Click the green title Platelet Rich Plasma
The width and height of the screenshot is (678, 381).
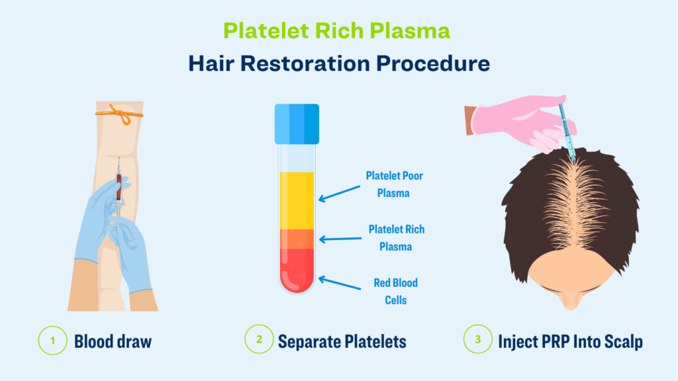tap(336, 31)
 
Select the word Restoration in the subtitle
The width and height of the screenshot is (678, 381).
tap(305, 63)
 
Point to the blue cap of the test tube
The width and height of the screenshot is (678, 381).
tap(297, 124)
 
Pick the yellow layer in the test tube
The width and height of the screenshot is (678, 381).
tap(297, 200)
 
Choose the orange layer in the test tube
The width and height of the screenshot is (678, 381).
tap(297, 239)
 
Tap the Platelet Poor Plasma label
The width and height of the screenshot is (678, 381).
tap(394, 185)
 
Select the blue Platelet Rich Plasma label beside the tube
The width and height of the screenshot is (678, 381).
tap(396, 238)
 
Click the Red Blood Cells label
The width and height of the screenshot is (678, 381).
tap(396, 292)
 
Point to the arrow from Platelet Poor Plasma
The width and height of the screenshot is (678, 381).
tap(340, 194)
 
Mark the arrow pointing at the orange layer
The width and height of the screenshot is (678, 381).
tap(340, 239)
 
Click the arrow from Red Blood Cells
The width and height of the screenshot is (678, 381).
tap(340, 283)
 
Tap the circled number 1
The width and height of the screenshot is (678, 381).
tap(53, 341)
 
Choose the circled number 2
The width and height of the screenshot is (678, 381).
tap(259, 339)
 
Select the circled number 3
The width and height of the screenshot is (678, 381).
tap(478, 339)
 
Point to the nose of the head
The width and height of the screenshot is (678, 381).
tap(570, 300)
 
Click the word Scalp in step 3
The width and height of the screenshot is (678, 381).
tap(623, 342)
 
